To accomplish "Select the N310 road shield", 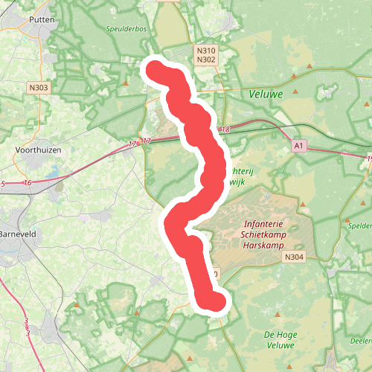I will point(206,50).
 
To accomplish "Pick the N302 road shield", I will point(206,60).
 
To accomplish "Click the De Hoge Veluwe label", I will point(279,340).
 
